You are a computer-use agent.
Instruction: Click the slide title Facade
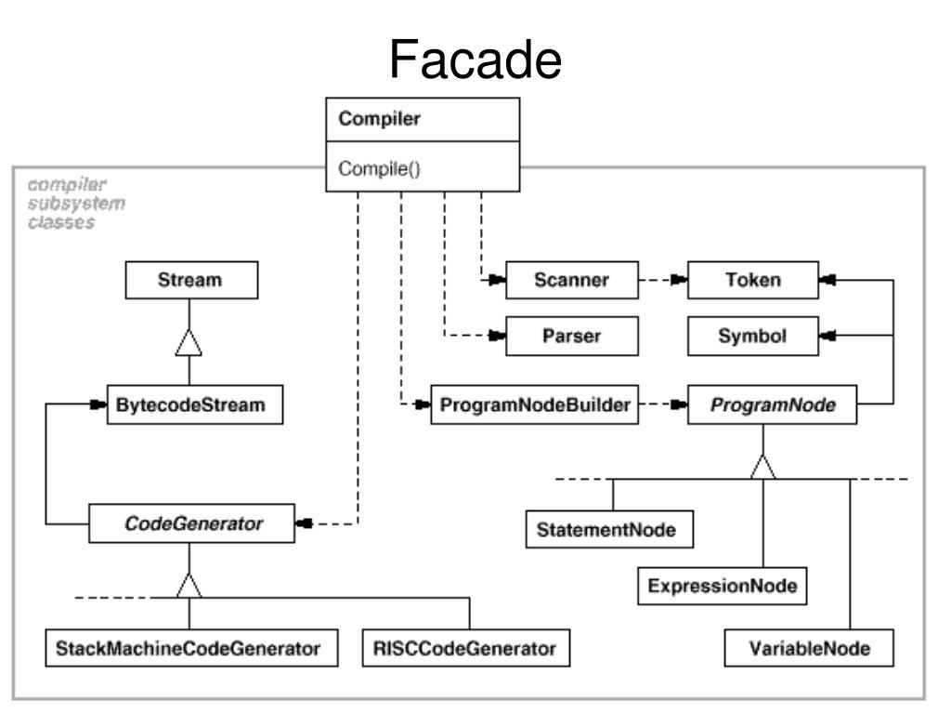(x=475, y=59)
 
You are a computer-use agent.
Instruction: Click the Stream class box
(x=189, y=282)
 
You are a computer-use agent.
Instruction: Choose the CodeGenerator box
(x=189, y=525)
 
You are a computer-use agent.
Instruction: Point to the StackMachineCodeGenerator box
(x=189, y=648)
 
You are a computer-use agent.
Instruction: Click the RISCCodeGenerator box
(x=465, y=648)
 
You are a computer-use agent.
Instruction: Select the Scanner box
(x=572, y=281)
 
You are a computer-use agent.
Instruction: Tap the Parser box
(x=572, y=337)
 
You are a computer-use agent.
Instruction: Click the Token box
(x=753, y=281)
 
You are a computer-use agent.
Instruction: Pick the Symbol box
(x=753, y=337)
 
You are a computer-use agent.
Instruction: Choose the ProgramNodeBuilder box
(x=535, y=406)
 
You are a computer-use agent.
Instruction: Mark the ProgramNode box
(x=772, y=406)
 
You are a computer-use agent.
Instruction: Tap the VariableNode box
(x=809, y=648)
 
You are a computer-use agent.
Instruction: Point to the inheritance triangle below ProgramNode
(x=762, y=466)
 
